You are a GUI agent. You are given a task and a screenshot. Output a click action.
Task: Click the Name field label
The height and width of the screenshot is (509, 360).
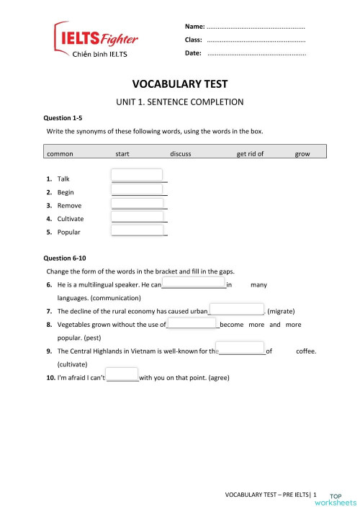tap(194, 26)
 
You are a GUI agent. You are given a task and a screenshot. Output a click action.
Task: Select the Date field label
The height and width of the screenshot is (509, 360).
tap(193, 53)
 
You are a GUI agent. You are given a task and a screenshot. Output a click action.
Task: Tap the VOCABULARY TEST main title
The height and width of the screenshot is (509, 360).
tap(179, 84)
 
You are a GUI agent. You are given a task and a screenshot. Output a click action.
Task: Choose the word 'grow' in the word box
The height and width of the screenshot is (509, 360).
tap(302, 154)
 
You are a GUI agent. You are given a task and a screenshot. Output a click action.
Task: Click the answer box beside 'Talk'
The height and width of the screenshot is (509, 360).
tap(137, 175)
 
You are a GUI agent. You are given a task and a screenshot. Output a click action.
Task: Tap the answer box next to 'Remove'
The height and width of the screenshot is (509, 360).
tap(137, 202)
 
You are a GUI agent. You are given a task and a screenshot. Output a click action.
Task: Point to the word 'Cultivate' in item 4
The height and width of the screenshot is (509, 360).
tap(71, 219)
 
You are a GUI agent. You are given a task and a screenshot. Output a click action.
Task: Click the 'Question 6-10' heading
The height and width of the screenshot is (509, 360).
tap(65, 258)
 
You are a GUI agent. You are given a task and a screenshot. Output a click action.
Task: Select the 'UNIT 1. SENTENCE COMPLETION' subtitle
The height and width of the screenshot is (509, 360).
tap(180, 102)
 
